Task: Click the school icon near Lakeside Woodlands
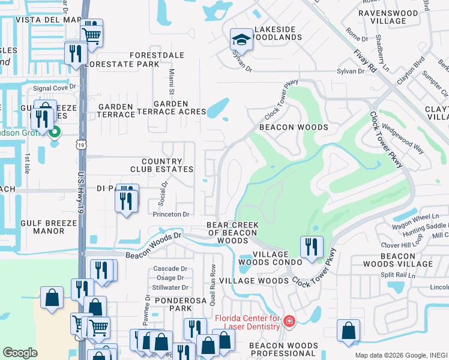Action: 241,40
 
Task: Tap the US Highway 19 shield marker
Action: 80,145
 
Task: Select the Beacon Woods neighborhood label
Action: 294,128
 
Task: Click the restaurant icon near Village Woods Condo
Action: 312,247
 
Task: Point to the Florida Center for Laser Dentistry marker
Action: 289,322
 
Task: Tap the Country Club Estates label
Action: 161,166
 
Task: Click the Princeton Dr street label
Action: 170,214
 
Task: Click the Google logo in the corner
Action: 20,352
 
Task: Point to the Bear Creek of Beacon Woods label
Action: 232,232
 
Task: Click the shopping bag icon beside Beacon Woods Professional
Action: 349,331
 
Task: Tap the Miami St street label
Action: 170,82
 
